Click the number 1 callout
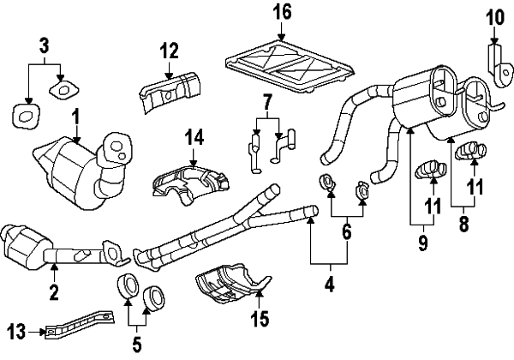point(75,114)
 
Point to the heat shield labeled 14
point(191,182)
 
